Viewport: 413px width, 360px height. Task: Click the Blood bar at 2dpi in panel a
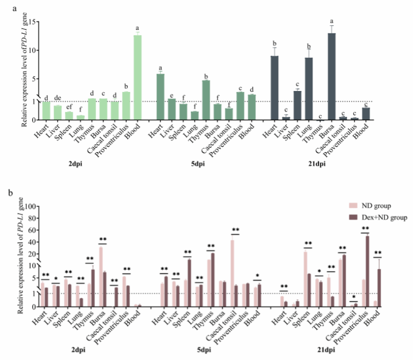point(137,77)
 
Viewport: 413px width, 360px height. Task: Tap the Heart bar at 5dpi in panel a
point(160,96)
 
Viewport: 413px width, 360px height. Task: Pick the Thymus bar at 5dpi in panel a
point(206,99)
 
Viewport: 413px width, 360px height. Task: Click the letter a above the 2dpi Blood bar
point(137,28)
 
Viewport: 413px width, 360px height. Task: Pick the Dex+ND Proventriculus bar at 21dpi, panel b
point(367,271)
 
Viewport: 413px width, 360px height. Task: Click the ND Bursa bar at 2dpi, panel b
point(102,276)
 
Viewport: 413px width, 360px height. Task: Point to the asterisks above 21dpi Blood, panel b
point(378,253)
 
